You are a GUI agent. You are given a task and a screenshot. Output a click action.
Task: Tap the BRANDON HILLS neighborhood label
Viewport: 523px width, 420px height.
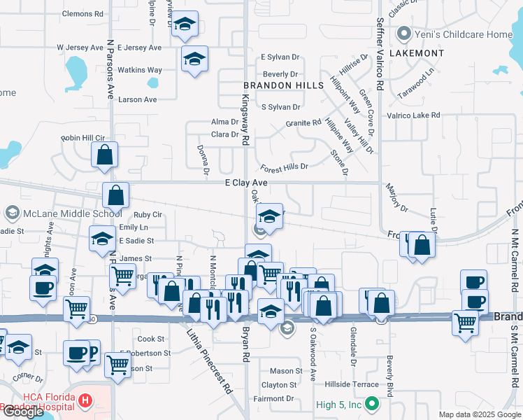pos(283,85)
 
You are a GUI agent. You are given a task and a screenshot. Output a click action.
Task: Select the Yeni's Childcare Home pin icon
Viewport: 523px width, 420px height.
pos(403,34)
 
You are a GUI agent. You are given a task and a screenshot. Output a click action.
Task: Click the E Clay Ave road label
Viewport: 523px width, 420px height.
pos(247,183)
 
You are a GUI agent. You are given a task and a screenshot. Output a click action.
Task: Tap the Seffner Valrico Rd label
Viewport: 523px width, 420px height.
pos(380,53)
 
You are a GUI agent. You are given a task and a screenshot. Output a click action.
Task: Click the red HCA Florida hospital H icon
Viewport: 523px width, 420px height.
pos(85,400)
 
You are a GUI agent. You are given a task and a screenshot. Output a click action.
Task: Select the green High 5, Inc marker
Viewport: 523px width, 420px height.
pos(372,403)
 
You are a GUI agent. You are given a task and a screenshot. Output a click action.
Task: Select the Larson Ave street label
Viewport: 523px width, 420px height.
pos(138,99)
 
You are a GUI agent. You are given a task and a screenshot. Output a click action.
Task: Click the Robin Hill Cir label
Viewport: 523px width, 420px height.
pos(83,139)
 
